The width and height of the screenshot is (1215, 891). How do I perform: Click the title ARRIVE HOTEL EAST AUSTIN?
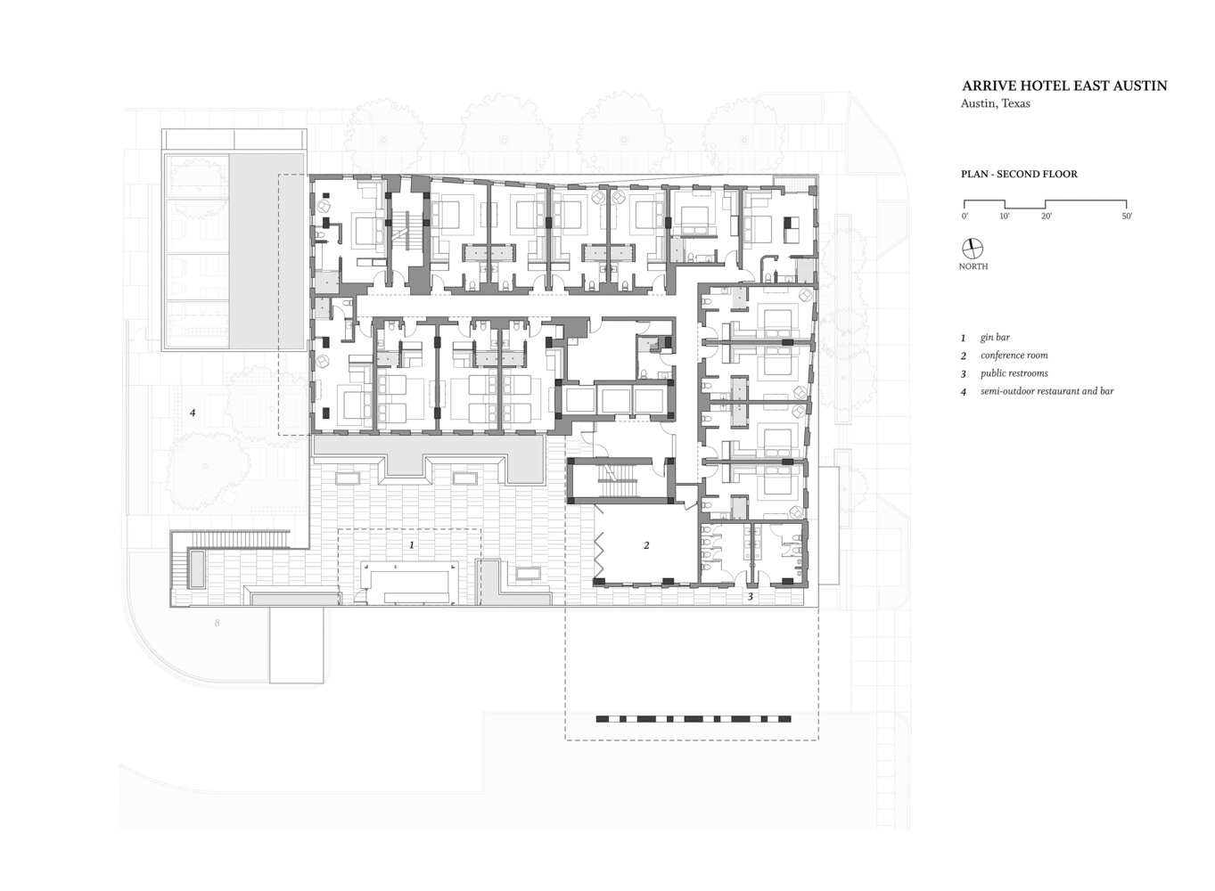point(1064,86)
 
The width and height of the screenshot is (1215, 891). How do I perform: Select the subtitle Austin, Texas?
point(996,103)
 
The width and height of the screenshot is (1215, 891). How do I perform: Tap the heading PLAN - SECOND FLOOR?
point(1019,174)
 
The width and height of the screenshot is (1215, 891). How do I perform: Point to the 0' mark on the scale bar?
point(965,216)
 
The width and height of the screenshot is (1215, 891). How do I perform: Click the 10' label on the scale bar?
point(1005,216)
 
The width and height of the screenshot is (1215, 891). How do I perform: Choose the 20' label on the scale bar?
point(1046,216)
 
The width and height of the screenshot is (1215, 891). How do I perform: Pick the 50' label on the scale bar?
point(1127,216)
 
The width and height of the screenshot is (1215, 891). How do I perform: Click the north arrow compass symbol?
point(973,249)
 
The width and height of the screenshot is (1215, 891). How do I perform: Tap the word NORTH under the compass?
point(973,266)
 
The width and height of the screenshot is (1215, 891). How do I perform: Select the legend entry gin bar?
point(995,338)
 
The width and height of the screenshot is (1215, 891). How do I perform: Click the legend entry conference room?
point(1014,356)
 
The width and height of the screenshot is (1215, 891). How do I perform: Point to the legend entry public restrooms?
point(1014,373)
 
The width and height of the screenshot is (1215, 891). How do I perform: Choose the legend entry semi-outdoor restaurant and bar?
point(1047,391)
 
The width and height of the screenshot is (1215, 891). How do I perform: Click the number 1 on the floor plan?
point(412,545)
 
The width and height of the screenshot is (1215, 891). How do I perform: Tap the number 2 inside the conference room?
point(646,545)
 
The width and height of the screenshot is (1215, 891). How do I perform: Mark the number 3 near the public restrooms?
point(751,597)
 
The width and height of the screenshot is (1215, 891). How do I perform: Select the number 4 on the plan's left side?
point(193,413)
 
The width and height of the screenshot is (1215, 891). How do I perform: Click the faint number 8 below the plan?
point(217,623)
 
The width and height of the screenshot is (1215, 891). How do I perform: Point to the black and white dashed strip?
point(694,718)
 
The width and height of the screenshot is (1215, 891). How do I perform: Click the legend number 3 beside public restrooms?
point(964,374)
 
